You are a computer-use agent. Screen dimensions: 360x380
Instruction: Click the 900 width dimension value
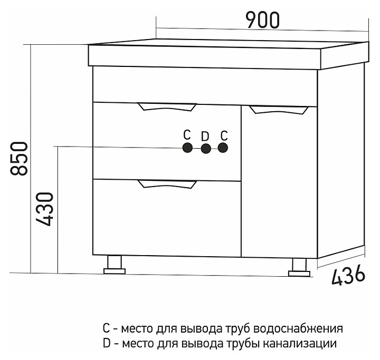click(x=262, y=20)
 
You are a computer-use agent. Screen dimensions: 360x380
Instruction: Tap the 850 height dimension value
click(x=20, y=158)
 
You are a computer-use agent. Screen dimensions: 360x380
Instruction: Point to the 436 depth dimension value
click(x=348, y=275)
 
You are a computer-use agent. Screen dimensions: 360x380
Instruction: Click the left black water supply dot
click(x=187, y=148)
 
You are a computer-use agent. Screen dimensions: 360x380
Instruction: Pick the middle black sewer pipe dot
click(x=205, y=149)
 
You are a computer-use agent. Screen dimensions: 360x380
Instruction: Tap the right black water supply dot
click(x=223, y=148)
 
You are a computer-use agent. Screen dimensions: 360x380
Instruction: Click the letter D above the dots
click(x=205, y=137)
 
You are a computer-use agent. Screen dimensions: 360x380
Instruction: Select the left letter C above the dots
click(x=187, y=134)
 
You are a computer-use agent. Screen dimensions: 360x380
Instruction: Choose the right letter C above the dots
click(x=224, y=134)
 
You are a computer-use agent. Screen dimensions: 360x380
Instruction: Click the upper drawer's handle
click(x=167, y=107)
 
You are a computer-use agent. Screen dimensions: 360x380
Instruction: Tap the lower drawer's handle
click(x=167, y=184)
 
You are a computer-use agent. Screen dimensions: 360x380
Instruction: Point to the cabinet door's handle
click(x=279, y=110)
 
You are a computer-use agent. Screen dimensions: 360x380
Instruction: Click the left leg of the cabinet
click(x=114, y=265)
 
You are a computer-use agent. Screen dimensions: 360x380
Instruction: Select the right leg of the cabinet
click(x=299, y=267)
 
